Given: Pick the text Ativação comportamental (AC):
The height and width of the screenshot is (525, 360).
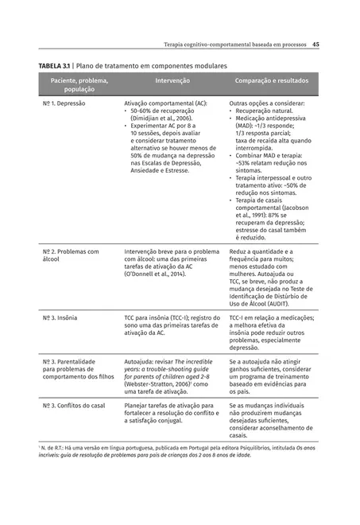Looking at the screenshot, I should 166,103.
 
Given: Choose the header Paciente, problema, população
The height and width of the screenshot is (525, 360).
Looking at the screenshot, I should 79,85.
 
